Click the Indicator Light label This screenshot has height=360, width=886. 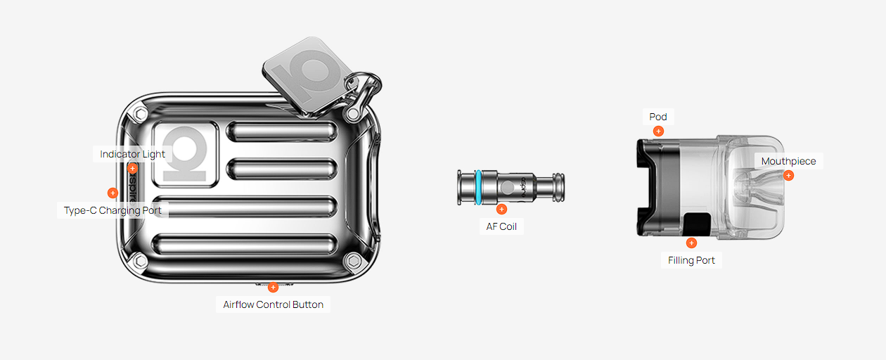coord(132,154)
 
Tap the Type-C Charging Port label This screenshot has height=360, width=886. coord(113,210)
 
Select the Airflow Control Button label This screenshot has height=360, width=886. coord(273,304)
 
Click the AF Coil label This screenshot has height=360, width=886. coord(501,226)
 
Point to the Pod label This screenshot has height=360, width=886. coord(658,117)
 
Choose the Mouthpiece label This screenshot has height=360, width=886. coord(788,161)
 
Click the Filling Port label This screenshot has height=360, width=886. coord(691,260)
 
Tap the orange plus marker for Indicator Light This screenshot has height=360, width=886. coord(132,169)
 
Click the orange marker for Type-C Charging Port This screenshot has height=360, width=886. coord(113,193)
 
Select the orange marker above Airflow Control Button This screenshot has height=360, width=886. coord(273,287)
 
